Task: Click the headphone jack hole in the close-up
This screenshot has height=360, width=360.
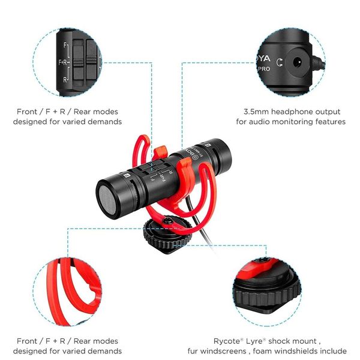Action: pyautogui.click(x=298, y=62)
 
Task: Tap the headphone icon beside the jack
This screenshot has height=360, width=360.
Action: pyautogui.click(x=280, y=62)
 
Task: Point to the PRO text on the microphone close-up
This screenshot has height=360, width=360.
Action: pyautogui.click(x=264, y=69)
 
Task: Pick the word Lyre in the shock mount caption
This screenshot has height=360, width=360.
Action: pyautogui.click(x=254, y=341)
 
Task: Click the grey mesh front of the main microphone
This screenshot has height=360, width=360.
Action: pyautogui.click(x=107, y=200)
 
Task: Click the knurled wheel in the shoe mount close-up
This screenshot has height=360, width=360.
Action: pyautogui.click(x=266, y=296)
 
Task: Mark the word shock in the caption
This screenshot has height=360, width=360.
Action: pyautogui.click(x=279, y=341)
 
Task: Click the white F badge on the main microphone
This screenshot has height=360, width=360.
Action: pyautogui.click(x=127, y=175)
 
